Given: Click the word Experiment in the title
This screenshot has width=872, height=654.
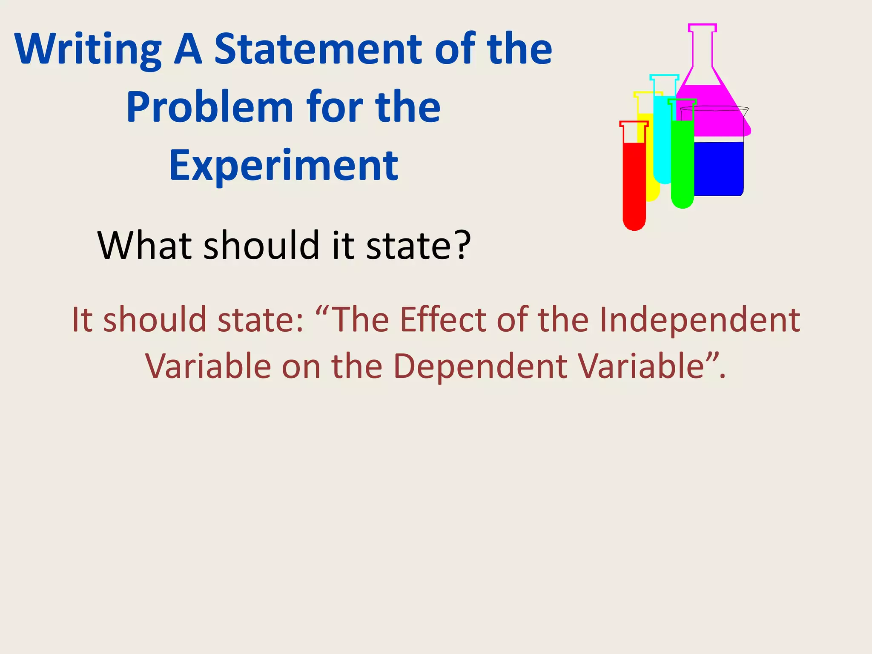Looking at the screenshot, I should (284, 166).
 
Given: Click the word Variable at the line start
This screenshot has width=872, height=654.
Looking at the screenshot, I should (208, 366).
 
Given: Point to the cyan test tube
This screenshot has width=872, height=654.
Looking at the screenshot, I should (662, 136).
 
